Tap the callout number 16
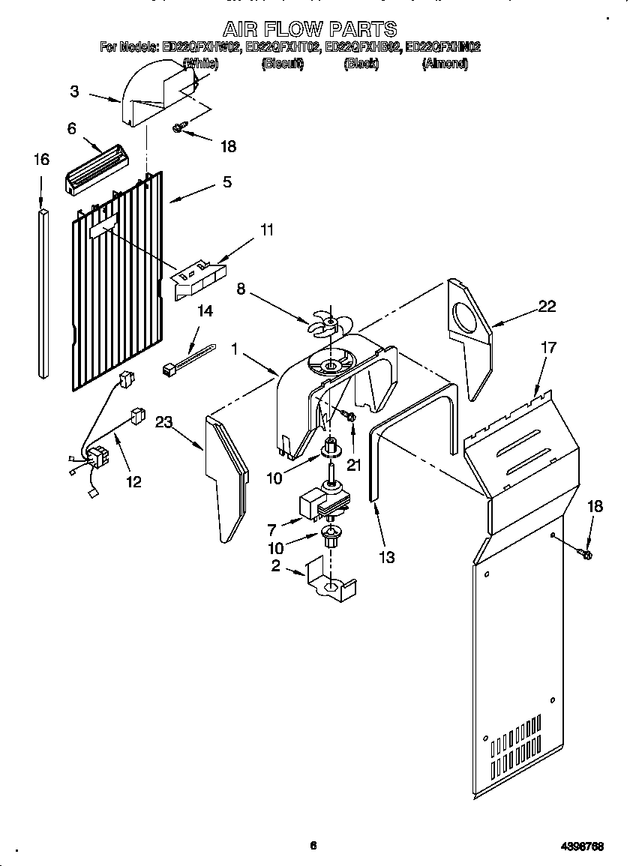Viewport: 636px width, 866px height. point(41,159)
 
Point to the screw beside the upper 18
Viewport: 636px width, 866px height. point(178,129)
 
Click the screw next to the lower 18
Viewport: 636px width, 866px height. point(586,554)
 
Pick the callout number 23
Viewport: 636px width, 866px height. point(164,423)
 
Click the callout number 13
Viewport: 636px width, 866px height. point(387,556)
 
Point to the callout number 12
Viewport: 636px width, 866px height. point(133,481)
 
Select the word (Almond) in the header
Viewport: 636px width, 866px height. point(445,64)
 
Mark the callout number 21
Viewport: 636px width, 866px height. point(353,465)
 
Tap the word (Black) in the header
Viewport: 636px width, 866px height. point(361,64)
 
